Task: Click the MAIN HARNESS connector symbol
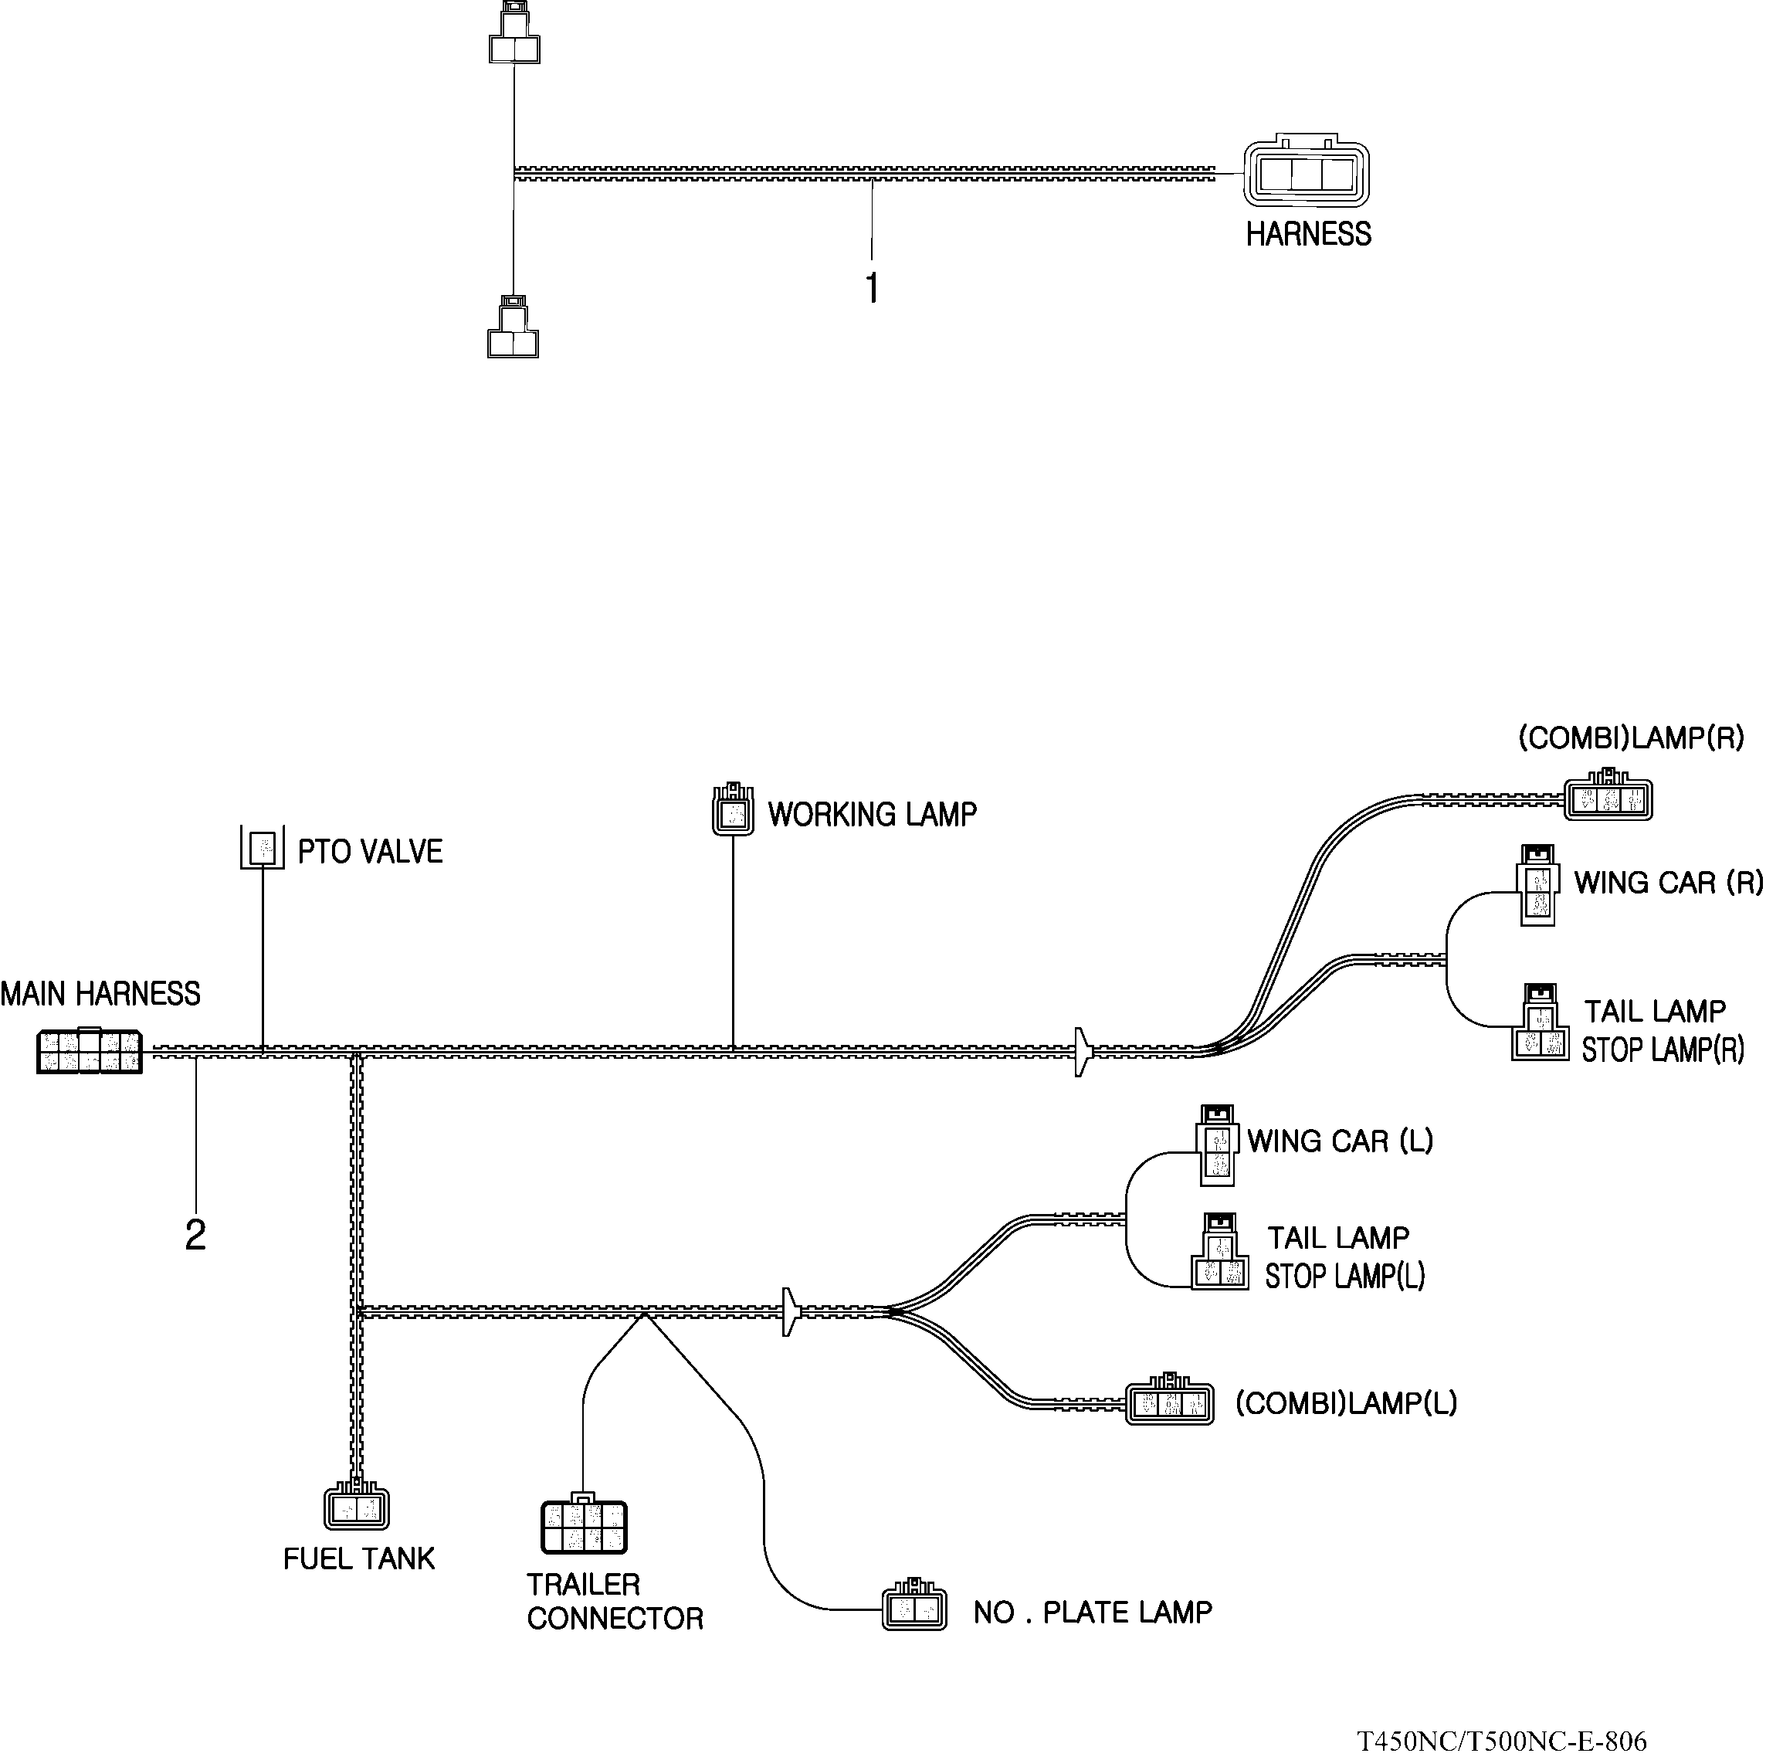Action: pyautogui.click(x=89, y=1050)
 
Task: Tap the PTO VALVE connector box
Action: pyautogui.click(x=263, y=847)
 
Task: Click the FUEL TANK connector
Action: pyautogui.click(x=357, y=1507)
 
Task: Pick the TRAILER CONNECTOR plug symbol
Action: pyautogui.click(x=584, y=1526)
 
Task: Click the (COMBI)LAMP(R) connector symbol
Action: pyautogui.click(x=1608, y=799)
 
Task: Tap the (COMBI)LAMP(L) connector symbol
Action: pyautogui.click(x=1170, y=1402)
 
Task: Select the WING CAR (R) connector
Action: pyautogui.click(x=1537, y=885)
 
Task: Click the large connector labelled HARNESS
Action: pyautogui.click(x=1305, y=173)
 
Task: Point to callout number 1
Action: pyautogui.click(x=872, y=288)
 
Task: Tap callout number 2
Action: pyautogui.click(x=195, y=1236)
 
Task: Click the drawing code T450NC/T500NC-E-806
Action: pyautogui.click(x=1502, y=1740)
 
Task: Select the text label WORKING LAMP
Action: pyautogui.click(x=872, y=815)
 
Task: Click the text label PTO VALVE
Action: pyautogui.click(x=370, y=852)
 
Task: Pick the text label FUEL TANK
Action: pyautogui.click(x=358, y=1559)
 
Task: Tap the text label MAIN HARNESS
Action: pyautogui.click(x=100, y=994)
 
